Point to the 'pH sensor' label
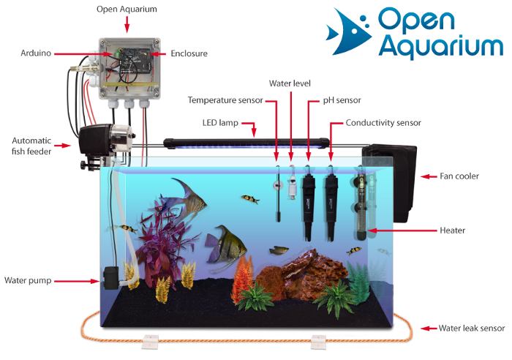point(342,100)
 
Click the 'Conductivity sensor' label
point(383,122)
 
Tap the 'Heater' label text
point(453,230)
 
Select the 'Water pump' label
point(27,280)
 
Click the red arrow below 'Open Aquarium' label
point(127,26)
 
